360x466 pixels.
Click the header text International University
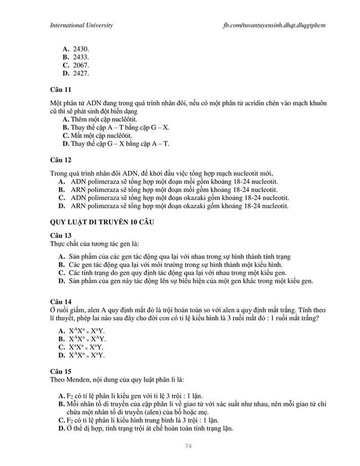(x=81, y=25)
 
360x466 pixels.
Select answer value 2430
(x=81, y=49)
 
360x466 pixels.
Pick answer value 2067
(x=81, y=65)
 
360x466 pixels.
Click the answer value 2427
(x=81, y=73)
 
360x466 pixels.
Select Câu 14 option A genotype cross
(x=87, y=331)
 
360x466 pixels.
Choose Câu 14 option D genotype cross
(x=87, y=355)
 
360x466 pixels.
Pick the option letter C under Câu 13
(x=61, y=273)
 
